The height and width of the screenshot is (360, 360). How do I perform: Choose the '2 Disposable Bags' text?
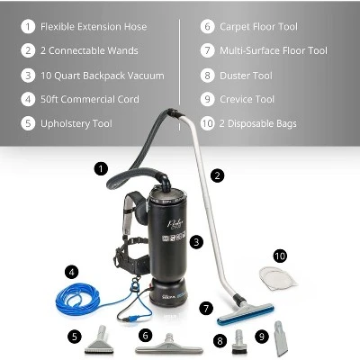(x=257, y=123)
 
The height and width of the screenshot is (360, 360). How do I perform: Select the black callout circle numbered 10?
(x=280, y=256)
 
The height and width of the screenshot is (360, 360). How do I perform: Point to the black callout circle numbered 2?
(x=217, y=175)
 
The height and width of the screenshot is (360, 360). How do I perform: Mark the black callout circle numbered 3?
(x=196, y=241)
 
